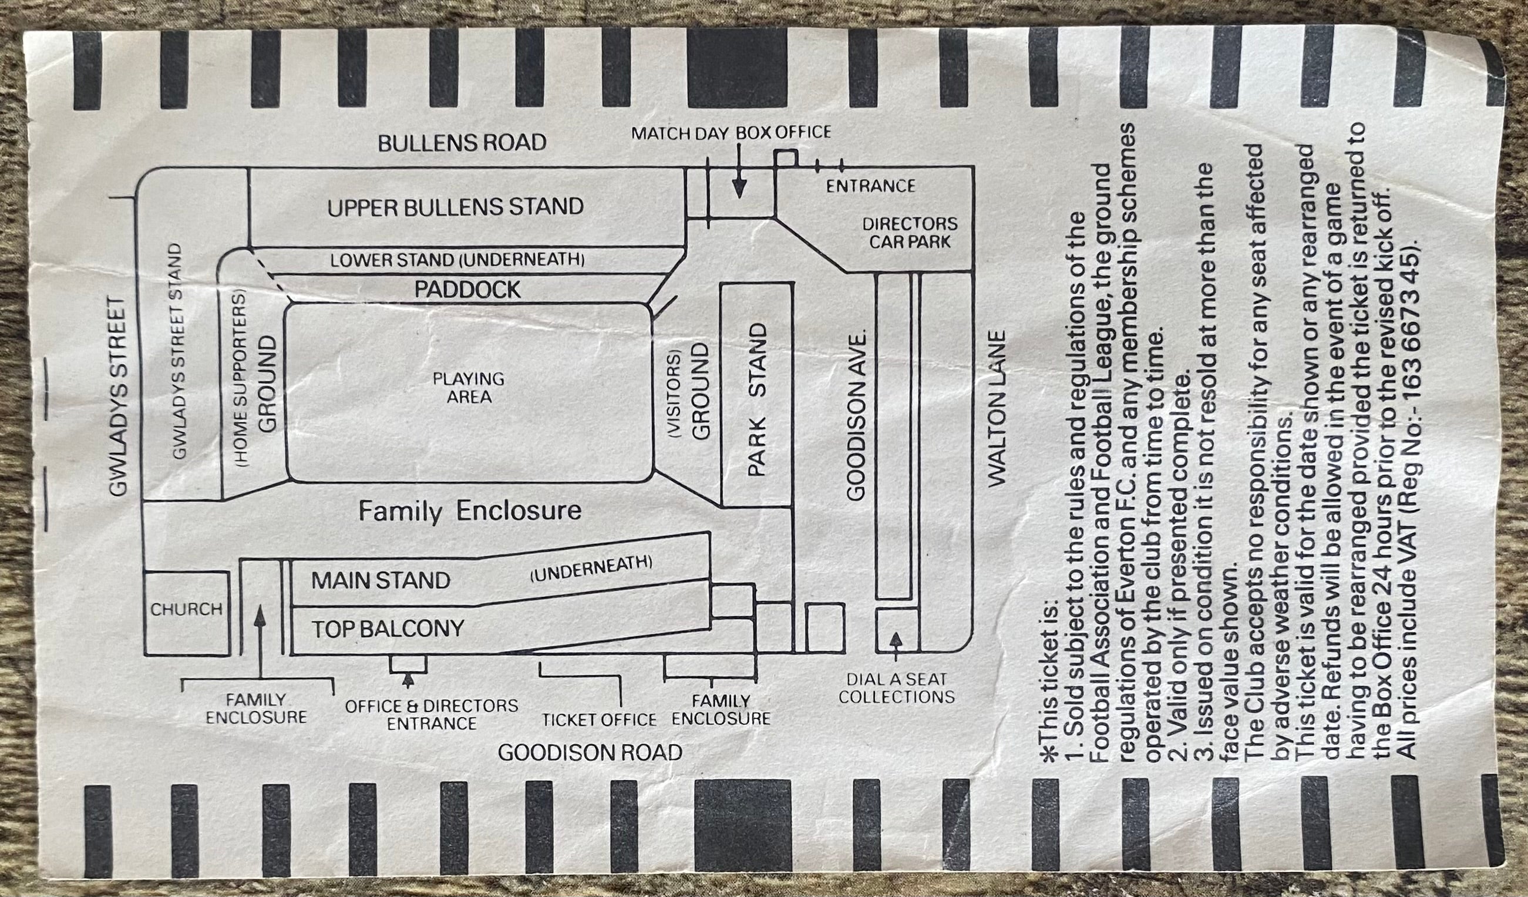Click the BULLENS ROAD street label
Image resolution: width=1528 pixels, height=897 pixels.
pos(462,143)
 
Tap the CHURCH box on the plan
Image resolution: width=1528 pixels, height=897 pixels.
pos(187,613)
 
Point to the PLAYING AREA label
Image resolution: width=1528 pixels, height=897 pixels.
pos(468,388)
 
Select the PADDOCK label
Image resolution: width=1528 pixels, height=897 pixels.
pos(467,289)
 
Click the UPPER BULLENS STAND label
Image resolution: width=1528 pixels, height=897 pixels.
pos(455,207)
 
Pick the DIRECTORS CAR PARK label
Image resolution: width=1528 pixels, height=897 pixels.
pos(910,233)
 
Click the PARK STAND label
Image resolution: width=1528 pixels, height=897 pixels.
pos(757,399)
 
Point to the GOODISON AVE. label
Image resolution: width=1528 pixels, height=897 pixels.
pos(856,416)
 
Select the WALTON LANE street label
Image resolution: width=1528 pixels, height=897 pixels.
pos(997,408)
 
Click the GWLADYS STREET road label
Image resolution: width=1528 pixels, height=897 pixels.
pos(119,396)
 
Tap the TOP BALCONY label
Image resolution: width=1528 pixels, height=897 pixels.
pos(388,629)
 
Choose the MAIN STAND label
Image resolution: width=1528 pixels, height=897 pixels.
pos(381,581)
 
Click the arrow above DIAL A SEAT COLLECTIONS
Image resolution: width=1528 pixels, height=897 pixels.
pos(896,647)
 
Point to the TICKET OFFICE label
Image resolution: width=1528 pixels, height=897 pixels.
pos(599,720)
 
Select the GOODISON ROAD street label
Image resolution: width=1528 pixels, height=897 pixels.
pos(590,752)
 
